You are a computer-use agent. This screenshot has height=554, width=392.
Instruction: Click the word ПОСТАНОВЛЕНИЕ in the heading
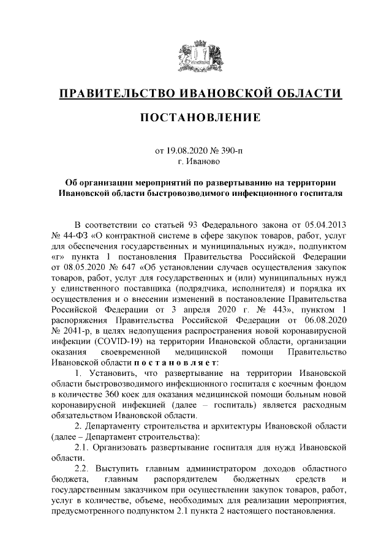195,116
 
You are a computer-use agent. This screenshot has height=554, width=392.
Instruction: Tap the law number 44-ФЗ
80,236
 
